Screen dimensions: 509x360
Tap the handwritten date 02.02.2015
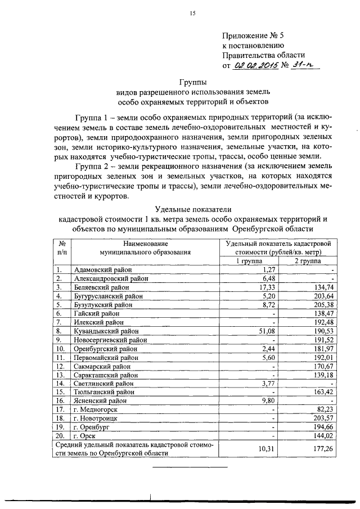[x=253, y=66]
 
